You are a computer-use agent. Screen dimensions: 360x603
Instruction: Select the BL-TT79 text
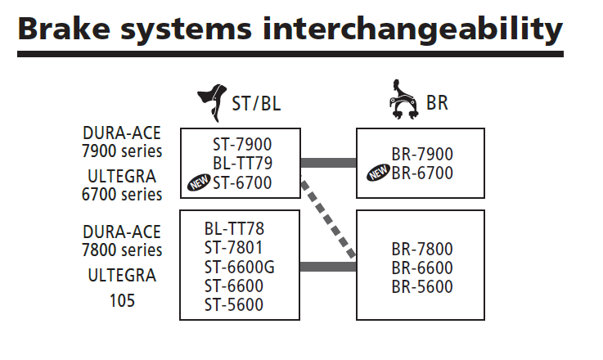pyautogui.click(x=242, y=164)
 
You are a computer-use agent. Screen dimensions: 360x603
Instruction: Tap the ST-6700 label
pyautogui.click(x=242, y=182)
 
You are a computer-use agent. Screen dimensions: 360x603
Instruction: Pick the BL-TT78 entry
pyautogui.click(x=236, y=228)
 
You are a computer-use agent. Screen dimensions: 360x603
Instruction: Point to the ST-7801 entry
pyautogui.click(x=236, y=247)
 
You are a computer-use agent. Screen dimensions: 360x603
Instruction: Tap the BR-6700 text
pyautogui.click(x=422, y=173)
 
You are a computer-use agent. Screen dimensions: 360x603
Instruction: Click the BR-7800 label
pyautogui.click(x=422, y=249)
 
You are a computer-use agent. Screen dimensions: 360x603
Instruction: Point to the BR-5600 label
pyautogui.click(x=422, y=286)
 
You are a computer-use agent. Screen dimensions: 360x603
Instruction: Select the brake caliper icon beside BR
pyautogui.click(x=403, y=103)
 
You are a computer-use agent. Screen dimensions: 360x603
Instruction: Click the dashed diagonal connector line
pyautogui.click(x=329, y=218)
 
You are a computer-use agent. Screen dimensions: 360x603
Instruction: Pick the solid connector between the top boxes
pyautogui.click(x=328, y=162)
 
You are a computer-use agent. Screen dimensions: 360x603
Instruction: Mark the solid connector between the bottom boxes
pyautogui.click(x=328, y=267)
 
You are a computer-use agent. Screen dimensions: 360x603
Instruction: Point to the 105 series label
pyautogui.click(x=123, y=301)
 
